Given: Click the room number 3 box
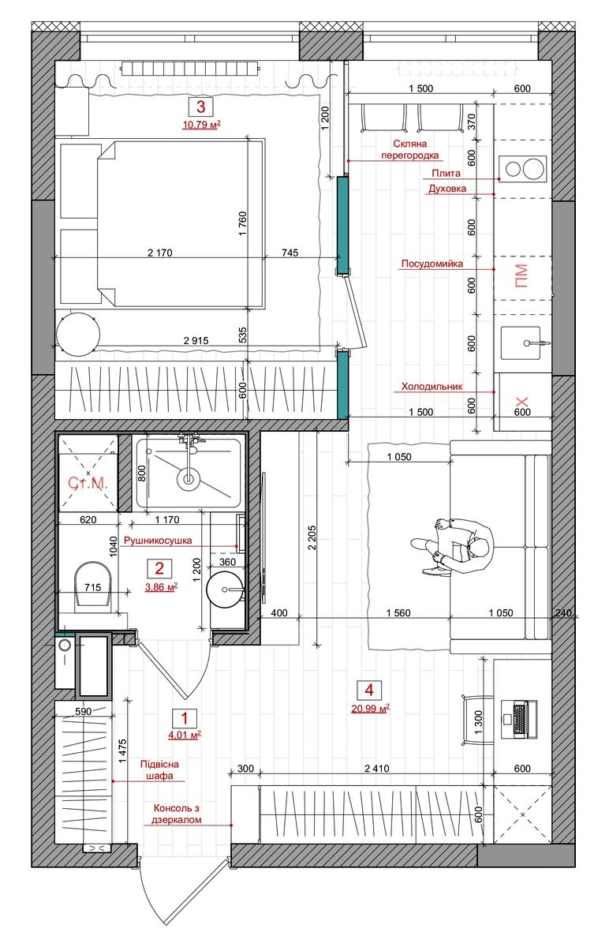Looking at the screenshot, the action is coord(200,107).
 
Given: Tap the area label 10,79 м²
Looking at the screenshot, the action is coord(201,125).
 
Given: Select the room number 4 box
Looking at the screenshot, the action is coord(369,691).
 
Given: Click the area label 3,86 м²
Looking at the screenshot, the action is coord(161,587).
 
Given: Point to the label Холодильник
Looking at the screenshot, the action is coord(432,387).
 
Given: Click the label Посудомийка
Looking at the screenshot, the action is coord(432,264).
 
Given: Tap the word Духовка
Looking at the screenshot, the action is coord(447,189).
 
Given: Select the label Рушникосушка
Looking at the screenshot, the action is coord(158,541).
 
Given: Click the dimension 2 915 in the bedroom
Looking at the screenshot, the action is coord(196,340).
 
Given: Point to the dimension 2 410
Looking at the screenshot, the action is coord(376,769).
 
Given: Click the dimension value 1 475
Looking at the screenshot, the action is coord(122,750).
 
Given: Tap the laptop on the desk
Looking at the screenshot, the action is coord(519,719).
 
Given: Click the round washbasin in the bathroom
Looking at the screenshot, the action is coord(225,590).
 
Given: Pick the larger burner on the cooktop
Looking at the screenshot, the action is coord(532,169).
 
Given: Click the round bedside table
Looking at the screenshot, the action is coord(78,334).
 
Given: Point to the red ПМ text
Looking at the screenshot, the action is coord(521,276).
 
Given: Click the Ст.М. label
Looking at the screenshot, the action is coord(88,482).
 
